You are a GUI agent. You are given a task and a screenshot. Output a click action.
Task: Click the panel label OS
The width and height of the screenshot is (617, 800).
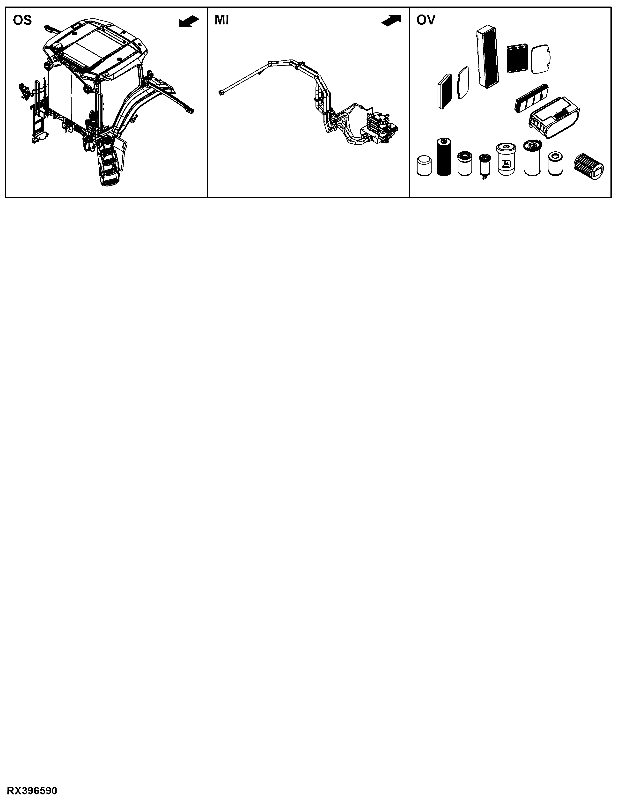click(x=22, y=20)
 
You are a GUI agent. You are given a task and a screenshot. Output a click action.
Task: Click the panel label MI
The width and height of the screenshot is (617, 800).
click(x=222, y=20)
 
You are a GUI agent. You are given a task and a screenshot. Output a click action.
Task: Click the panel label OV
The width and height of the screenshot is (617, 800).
click(x=426, y=20)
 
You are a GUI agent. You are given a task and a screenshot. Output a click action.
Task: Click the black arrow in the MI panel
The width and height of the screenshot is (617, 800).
click(x=391, y=21)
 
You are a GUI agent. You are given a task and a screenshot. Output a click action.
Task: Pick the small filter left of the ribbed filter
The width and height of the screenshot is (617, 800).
click(x=555, y=164)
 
